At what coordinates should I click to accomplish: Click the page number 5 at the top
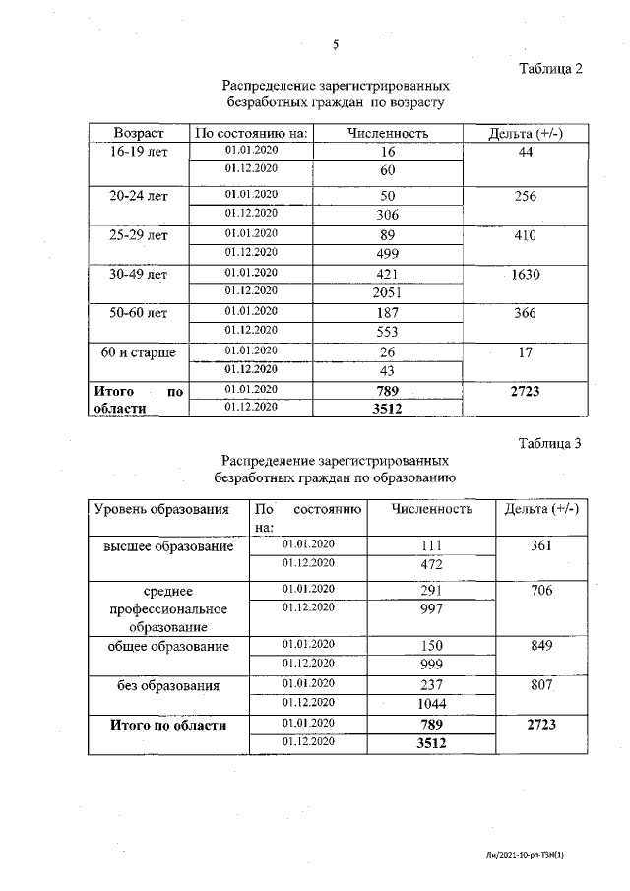(336, 44)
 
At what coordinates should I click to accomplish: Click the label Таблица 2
(550, 69)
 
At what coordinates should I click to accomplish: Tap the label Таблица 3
(550, 443)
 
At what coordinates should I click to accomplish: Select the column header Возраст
(138, 133)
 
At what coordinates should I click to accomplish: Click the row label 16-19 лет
(138, 152)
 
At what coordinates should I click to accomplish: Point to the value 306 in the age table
(387, 215)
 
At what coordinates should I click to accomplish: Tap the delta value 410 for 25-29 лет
(525, 236)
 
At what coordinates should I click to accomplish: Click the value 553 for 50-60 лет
(387, 333)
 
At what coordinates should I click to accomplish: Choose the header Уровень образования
(161, 510)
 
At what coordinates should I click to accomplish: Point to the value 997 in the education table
(430, 609)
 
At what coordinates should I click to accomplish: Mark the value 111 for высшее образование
(430, 546)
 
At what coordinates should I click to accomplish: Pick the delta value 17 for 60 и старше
(525, 351)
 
